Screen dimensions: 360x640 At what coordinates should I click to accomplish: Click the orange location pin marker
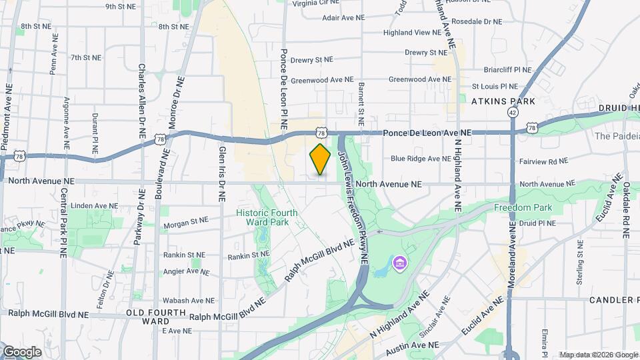(x=320, y=159)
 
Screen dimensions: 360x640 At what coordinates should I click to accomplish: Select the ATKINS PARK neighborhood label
(x=503, y=101)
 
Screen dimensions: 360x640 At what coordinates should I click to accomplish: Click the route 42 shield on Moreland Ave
(x=512, y=113)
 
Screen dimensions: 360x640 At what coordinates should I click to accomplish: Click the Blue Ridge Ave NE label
(x=421, y=159)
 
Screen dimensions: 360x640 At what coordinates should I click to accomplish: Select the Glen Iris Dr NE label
(x=222, y=173)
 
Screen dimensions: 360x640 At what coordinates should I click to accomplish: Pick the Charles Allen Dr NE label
(x=141, y=100)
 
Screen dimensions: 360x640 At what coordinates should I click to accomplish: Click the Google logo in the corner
(x=21, y=351)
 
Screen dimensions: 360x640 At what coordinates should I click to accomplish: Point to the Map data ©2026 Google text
(x=598, y=355)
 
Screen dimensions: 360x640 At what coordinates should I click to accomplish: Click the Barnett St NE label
(x=361, y=104)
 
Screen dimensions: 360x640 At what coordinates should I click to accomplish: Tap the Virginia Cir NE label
(x=317, y=3)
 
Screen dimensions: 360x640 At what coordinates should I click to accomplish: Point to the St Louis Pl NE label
(x=495, y=86)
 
